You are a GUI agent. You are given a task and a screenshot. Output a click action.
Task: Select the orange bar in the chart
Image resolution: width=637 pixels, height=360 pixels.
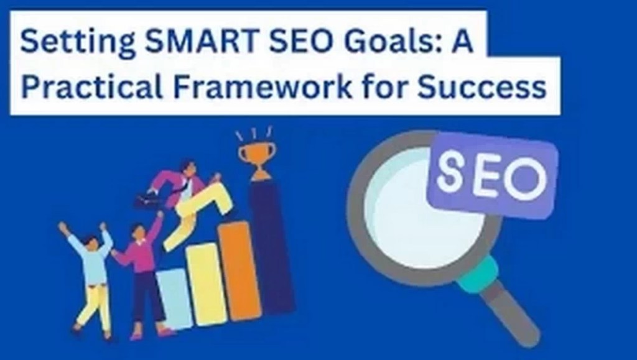click(238, 267)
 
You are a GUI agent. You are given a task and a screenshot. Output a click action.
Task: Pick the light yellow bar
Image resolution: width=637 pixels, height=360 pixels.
click(207, 283)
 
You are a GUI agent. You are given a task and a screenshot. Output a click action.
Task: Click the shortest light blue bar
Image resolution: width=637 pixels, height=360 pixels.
click(174, 298)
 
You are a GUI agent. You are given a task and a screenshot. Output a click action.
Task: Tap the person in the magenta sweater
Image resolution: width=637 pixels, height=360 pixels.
click(142, 267)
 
